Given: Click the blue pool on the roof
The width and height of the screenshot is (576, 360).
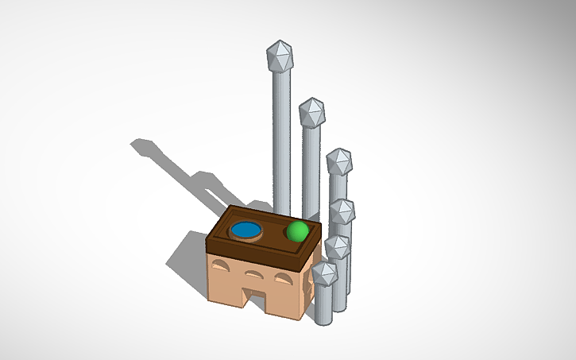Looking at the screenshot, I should [x=246, y=230].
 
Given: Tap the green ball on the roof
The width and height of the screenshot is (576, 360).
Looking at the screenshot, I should [x=297, y=231].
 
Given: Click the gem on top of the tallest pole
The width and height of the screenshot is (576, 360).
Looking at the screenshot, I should [x=279, y=56].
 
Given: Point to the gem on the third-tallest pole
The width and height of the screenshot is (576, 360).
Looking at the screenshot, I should [x=339, y=161].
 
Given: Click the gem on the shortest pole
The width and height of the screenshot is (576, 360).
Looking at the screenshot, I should [x=324, y=275].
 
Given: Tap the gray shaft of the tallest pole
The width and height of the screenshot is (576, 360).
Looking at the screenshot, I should [x=281, y=135].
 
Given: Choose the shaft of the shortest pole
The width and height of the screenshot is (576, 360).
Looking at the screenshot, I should [x=323, y=306].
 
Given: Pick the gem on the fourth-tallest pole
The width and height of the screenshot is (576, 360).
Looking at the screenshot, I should [x=342, y=211].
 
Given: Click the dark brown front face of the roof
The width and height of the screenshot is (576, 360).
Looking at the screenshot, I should [x=254, y=257].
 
